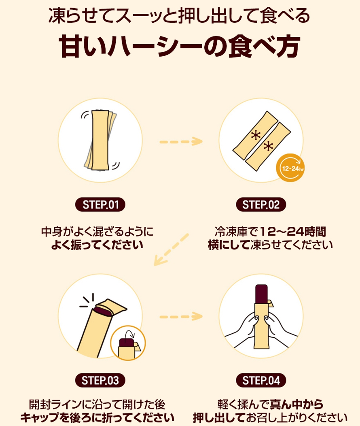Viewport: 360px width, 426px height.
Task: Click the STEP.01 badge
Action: (x=100, y=205)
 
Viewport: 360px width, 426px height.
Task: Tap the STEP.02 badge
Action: (x=261, y=205)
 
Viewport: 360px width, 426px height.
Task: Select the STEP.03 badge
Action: (x=100, y=381)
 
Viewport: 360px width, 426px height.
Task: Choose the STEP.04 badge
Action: (x=261, y=381)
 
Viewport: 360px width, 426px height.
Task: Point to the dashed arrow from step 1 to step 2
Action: (x=180, y=141)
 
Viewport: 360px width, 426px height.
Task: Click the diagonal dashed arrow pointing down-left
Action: (x=172, y=250)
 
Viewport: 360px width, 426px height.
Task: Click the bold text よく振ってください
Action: (x=97, y=245)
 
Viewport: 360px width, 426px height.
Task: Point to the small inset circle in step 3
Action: (x=127, y=342)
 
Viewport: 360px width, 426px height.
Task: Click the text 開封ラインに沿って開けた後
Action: (x=97, y=404)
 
